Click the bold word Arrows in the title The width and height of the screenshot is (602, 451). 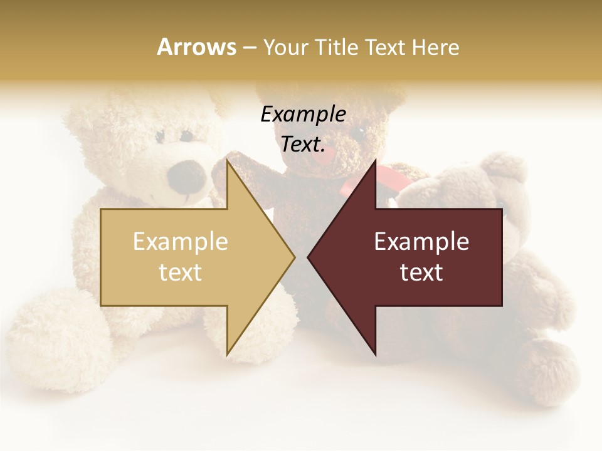coord(196,47)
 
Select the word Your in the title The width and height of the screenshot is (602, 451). coord(286,48)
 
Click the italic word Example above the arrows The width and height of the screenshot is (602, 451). coord(303,114)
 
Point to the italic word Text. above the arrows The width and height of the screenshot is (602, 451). coord(303,144)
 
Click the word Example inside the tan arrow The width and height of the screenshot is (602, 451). coord(180,242)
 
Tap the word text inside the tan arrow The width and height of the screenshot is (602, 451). coord(180,272)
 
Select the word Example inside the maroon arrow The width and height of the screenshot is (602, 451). coord(421,242)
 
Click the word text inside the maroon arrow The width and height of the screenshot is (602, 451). coord(421,272)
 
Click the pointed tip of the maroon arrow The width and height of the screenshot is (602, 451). coord(309,257)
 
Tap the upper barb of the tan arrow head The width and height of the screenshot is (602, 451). coord(228,164)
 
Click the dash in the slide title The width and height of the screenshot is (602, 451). coord(249,48)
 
